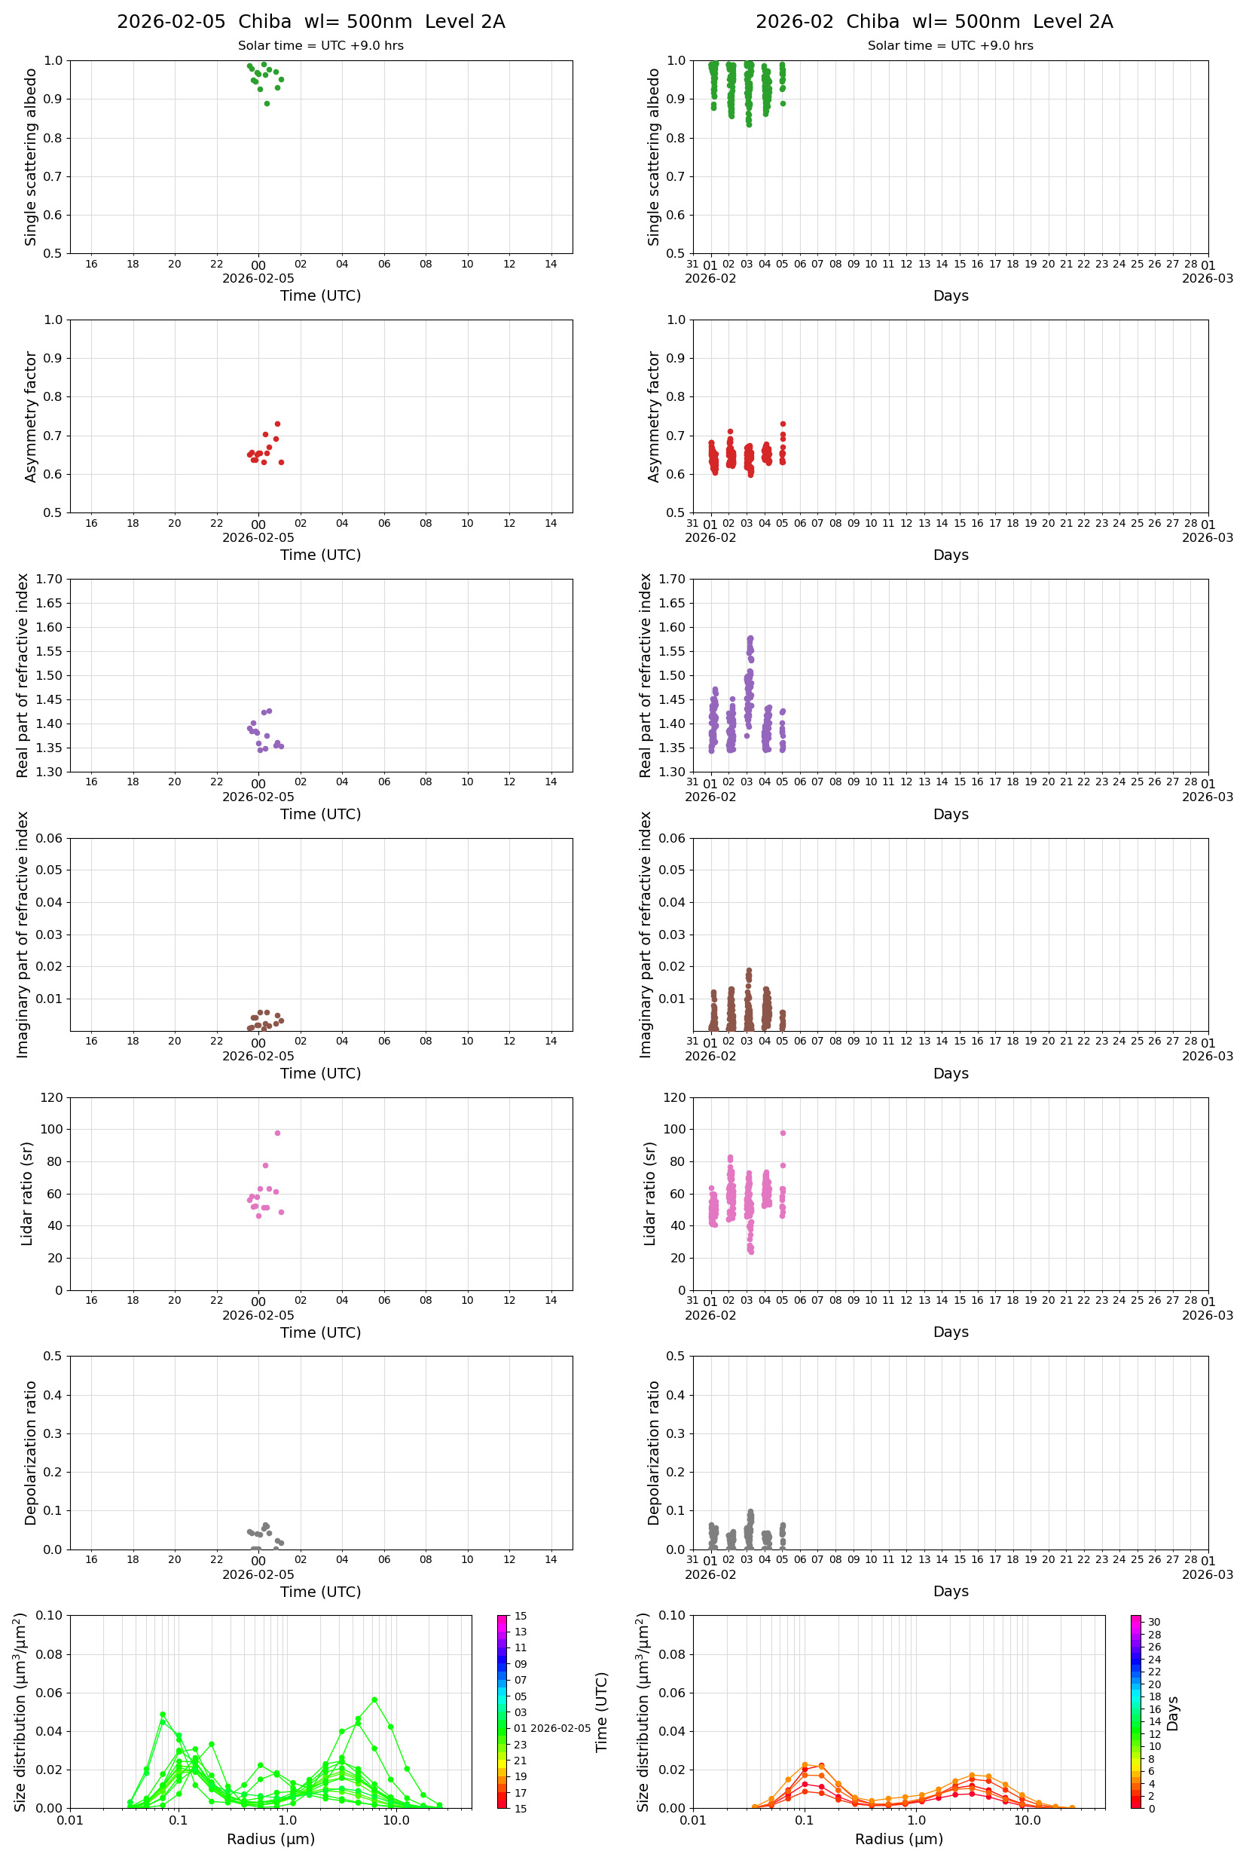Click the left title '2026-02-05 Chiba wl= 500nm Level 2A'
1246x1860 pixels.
click(310, 21)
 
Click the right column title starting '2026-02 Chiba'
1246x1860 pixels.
click(933, 21)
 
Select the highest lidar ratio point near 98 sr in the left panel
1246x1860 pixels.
click(277, 1133)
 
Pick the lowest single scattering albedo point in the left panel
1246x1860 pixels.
click(267, 103)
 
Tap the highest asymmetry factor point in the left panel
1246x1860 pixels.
click(277, 424)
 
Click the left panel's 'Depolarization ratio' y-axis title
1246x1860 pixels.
click(31, 1452)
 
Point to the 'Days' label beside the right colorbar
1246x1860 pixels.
click(1172, 1713)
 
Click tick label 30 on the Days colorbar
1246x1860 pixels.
click(1154, 1622)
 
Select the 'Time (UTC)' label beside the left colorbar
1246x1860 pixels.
click(602, 1712)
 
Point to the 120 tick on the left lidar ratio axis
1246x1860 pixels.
click(52, 1098)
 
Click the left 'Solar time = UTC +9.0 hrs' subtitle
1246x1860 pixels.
click(320, 45)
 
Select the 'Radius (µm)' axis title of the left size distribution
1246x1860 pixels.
click(271, 1839)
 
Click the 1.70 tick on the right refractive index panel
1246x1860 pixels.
click(674, 579)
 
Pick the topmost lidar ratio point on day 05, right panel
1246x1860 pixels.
click(783, 1133)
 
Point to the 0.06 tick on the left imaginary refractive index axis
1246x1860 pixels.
click(50, 838)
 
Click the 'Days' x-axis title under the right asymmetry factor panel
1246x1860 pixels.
click(951, 555)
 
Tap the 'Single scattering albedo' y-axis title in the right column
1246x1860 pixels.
click(654, 157)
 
